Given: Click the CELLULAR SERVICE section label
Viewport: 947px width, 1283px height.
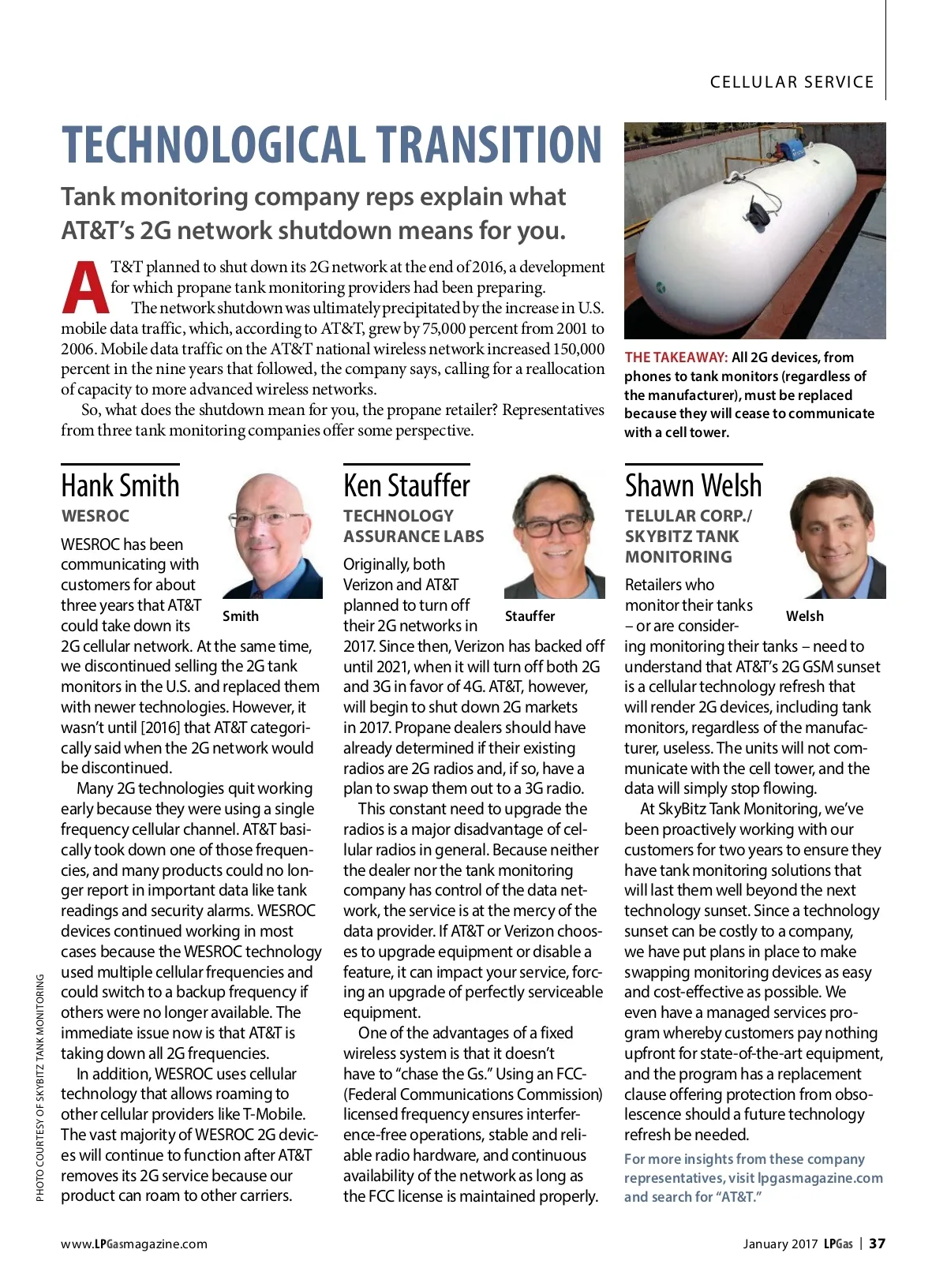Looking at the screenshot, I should (792, 82).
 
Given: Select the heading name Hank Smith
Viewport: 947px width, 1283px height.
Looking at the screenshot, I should (120, 485).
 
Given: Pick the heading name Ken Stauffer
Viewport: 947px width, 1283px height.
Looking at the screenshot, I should (406, 485).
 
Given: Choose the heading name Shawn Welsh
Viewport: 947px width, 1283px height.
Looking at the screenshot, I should (693, 485).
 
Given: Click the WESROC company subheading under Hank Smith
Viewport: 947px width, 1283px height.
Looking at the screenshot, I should (95, 516).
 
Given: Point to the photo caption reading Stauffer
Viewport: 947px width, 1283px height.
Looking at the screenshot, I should (530, 616).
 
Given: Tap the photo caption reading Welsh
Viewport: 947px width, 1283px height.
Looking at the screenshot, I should (804, 616).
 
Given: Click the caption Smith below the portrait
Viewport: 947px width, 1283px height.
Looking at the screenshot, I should (240, 616).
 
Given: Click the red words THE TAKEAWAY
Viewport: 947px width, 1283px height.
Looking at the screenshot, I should (676, 357).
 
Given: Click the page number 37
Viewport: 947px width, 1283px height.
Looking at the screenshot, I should (877, 1244).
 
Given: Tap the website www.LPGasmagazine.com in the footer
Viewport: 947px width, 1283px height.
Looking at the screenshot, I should (134, 1244).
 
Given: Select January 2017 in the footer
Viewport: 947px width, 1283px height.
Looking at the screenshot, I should (780, 1244).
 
